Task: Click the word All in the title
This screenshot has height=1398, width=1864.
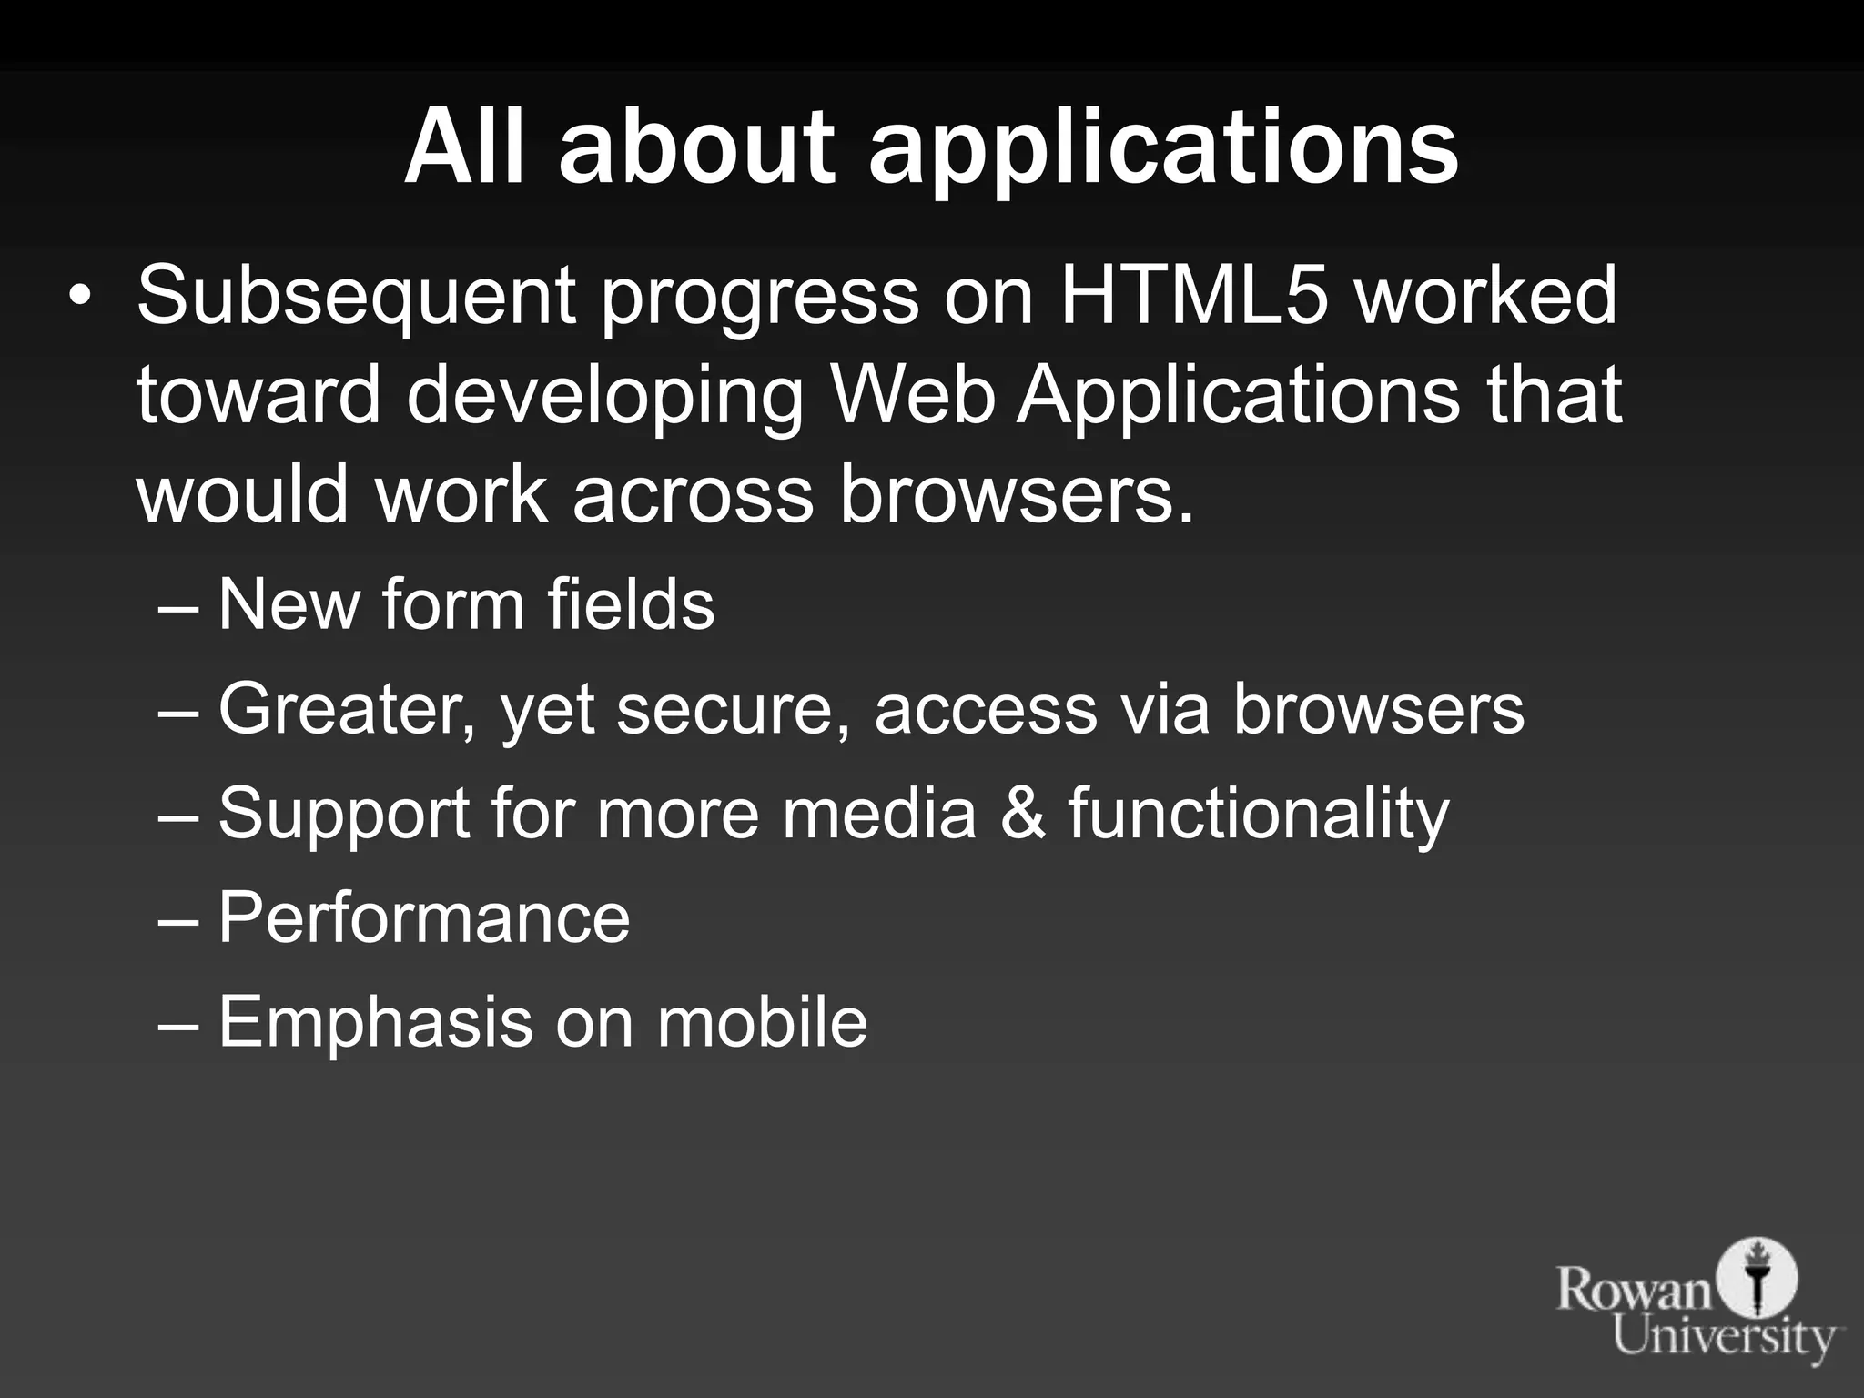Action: [x=465, y=147]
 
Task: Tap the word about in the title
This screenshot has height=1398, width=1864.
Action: [x=696, y=147]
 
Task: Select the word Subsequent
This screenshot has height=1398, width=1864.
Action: [x=355, y=297]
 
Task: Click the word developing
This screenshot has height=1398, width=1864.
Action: [x=605, y=399]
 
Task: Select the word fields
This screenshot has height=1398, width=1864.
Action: [x=631, y=604]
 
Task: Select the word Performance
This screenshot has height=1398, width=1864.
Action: [x=424, y=917]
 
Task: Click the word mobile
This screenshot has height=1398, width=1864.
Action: [x=762, y=1021]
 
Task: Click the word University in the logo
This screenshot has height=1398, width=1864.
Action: [x=1724, y=1337]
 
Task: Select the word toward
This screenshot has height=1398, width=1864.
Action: [x=258, y=397]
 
